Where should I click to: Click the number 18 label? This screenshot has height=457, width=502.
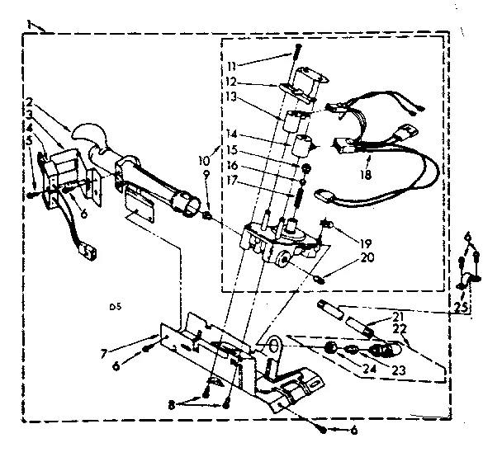pos(364,175)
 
